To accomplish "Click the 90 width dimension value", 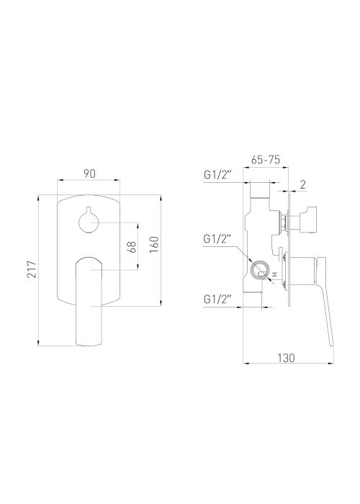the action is click(x=90, y=174).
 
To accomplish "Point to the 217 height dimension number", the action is click(x=32, y=269).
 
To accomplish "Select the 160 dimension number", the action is click(x=154, y=245).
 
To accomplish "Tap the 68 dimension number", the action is click(x=132, y=247).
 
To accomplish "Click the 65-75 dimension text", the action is click(x=266, y=160).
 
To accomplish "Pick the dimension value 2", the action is click(x=303, y=184).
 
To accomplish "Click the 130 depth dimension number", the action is click(x=286, y=357).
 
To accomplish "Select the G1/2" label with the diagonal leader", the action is click(x=217, y=239).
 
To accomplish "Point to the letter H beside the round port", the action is click(x=274, y=274).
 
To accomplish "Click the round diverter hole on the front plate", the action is click(x=89, y=222).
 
